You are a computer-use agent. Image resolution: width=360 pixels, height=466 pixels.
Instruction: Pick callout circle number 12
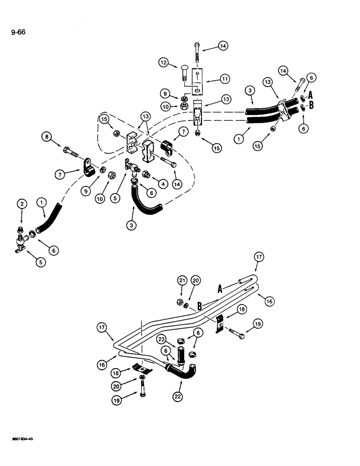pos(163,62)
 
